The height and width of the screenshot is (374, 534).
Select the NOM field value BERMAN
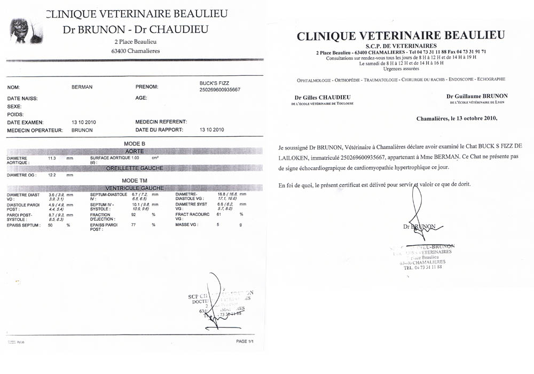click(x=82, y=87)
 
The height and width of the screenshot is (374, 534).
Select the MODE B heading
click(x=135, y=144)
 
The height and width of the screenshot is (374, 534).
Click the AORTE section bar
click(x=135, y=151)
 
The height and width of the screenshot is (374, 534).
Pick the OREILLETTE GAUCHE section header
click(x=135, y=168)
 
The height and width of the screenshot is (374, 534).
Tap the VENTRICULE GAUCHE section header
click(x=135, y=188)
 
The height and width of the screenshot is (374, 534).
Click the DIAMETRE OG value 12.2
click(x=52, y=175)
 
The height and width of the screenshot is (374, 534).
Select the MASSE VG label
click(x=186, y=225)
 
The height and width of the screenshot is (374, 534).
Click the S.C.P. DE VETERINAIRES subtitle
click(x=400, y=46)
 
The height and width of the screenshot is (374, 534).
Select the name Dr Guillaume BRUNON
click(x=477, y=96)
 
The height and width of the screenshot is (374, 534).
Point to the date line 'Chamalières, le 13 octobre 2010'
click(x=457, y=119)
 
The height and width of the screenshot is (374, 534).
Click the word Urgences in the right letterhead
click(x=392, y=68)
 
